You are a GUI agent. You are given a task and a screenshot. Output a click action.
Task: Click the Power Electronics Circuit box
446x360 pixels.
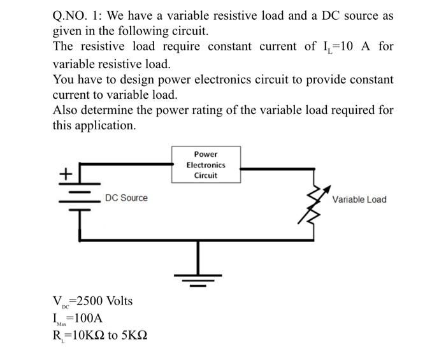[206, 165]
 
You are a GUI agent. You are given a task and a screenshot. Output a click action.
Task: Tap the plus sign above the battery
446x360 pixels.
[66, 173]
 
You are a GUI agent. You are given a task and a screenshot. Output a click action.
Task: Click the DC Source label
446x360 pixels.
[126, 198]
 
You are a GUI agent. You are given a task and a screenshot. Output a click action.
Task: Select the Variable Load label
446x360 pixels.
[359, 199]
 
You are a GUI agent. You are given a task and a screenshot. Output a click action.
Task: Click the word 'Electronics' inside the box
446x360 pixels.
[206, 165]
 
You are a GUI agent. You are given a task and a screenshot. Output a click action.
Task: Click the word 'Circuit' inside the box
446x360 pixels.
[206, 175]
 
